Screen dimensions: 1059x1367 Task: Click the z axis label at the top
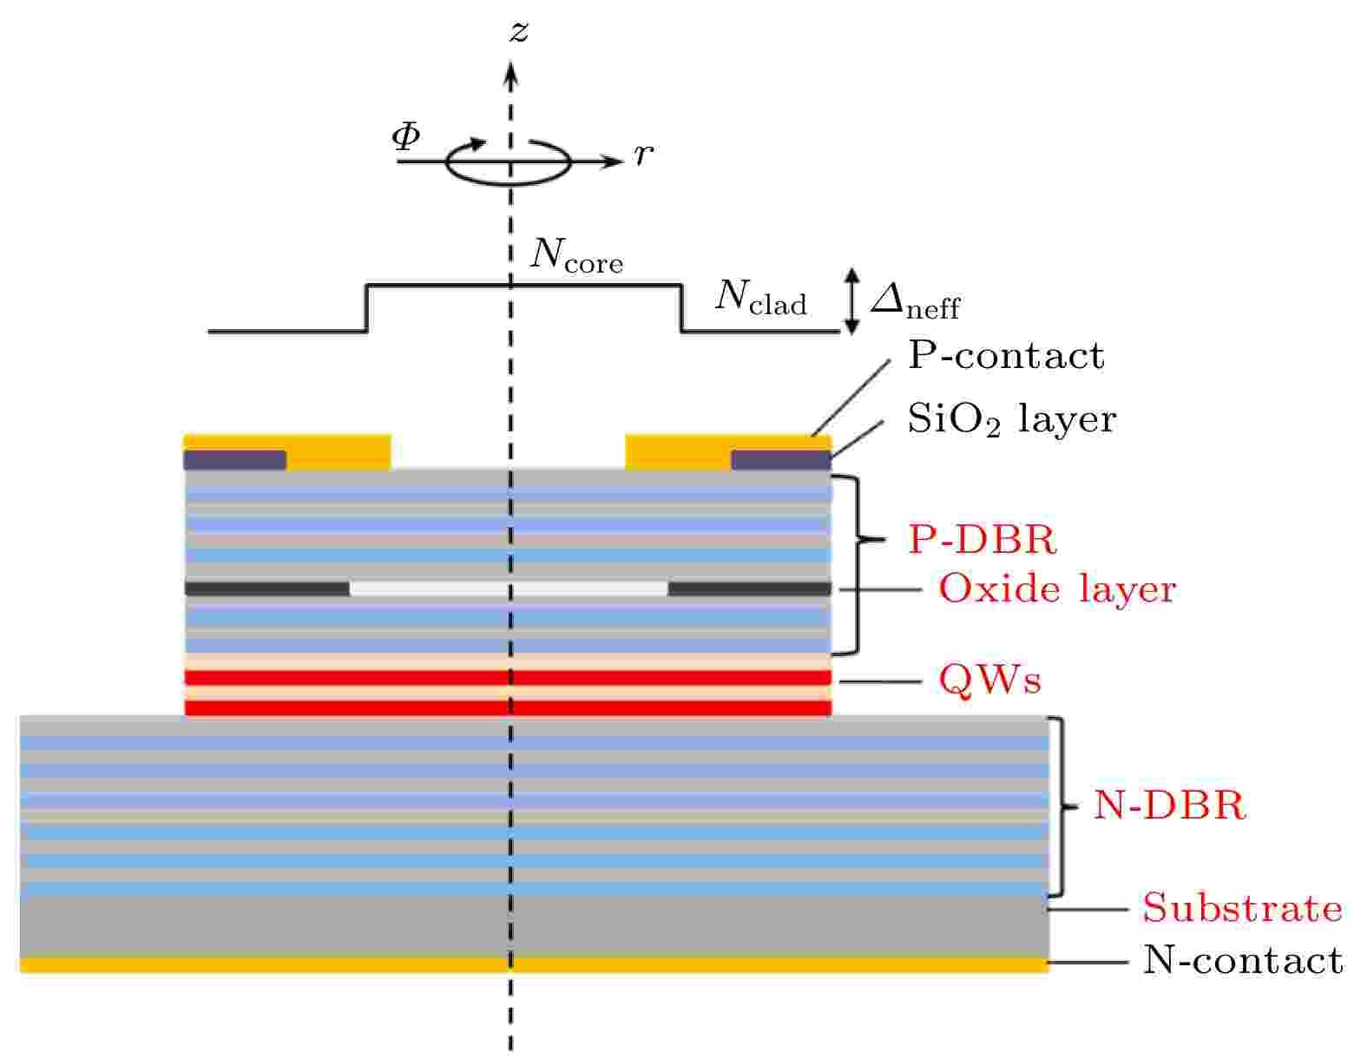tap(519, 31)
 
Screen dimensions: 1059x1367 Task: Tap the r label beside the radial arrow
tap(643, 155)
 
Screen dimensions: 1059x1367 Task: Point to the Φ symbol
tap(406, 136)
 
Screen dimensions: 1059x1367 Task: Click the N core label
tap(575, 255)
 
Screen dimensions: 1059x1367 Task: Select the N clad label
tap(760, 298)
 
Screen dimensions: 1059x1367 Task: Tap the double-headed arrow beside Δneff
tap(851, 301)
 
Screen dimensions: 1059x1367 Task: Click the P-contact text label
tap(1006, 355)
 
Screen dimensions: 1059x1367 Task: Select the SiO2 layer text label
tap(1011, 419)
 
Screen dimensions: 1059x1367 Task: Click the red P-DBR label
tap(983, 539)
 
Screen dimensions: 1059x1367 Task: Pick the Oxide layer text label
tap(1056, 589)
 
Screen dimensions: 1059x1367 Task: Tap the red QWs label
tap(989, 680)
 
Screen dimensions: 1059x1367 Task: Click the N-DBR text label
tap(1169, 805)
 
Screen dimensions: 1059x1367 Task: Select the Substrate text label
tap(1242, 908)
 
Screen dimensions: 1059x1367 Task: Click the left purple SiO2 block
tap(235, 460)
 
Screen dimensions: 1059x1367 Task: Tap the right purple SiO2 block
tap(780, 460)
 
